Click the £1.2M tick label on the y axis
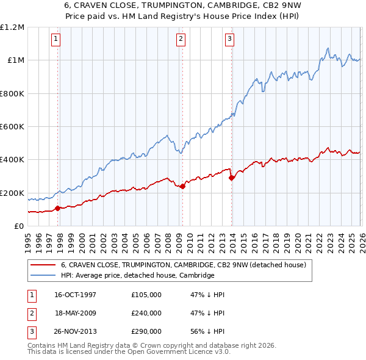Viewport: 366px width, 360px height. [x=12, y=27]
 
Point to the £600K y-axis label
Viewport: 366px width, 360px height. [x=12, y=127]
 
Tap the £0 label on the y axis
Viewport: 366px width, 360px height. [x=19, y=226]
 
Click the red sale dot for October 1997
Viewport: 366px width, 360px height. [x=58, y=208]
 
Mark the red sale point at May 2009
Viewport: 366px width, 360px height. [x=182, y=186]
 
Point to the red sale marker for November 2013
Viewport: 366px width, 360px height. [x=231, y=178]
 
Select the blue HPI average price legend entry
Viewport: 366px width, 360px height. [x=137, y=276]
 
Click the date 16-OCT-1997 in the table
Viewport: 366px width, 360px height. [x=75, y=295]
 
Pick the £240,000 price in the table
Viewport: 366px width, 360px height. [x=146, y=313]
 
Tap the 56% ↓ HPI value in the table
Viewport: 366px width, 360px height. [x=207, y=331]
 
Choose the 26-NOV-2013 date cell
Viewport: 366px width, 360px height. [x=75, y=331]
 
